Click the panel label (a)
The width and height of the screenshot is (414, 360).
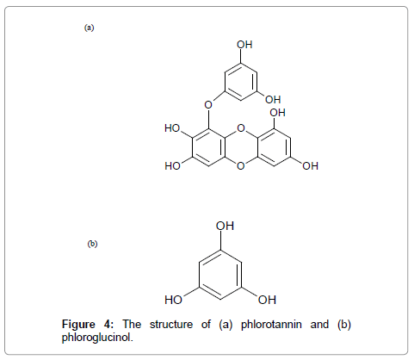point(89,28)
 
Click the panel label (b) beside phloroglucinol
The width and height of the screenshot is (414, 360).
point(92,244)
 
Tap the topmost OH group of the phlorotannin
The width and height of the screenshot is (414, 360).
point(244,45)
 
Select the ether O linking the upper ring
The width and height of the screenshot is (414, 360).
point(208,105)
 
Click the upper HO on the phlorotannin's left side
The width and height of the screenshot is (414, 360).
point(172,128)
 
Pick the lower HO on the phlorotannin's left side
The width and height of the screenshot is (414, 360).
point(172,166)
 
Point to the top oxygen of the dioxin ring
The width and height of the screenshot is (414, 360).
point(241,128)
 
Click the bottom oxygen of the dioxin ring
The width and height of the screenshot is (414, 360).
point(241,166)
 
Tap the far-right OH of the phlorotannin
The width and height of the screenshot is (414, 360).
point(310,166)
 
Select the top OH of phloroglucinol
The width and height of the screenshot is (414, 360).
point(226,227)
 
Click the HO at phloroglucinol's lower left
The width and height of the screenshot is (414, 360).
point(173,300)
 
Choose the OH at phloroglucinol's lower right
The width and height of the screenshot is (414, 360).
point(267,300)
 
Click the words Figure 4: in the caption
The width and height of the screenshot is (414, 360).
point(88,325)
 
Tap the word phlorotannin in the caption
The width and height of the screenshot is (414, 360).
point(271,325)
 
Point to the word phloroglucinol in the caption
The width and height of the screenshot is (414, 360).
point(97,338)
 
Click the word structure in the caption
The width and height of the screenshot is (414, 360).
point(171,325)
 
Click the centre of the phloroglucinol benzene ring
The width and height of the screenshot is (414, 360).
point(220,275)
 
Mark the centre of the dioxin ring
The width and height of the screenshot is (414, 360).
point(241,147)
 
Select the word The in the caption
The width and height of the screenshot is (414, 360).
point(132,325)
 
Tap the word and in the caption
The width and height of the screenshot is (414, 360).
point(319,325)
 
